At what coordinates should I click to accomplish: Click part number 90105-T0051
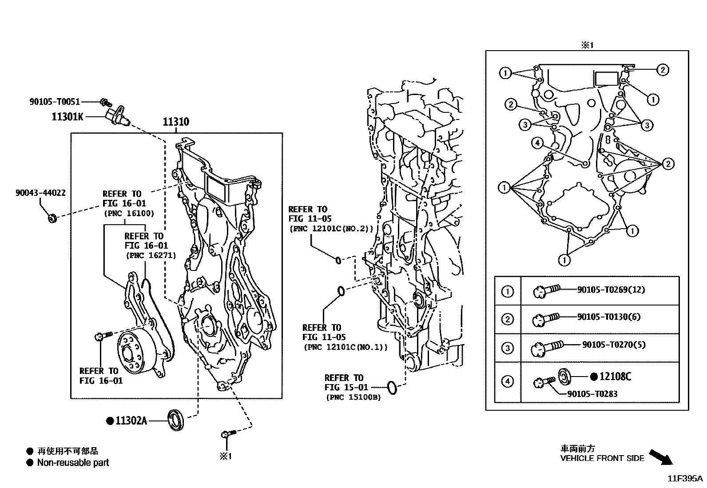pyautogui.click(x=55, y=102)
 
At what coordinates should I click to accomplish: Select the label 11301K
pyautogui.click(x=68, y=117)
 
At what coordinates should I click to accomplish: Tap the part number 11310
pyautogui.click(x=176, y=122)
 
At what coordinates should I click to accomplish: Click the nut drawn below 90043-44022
pyautogui.click(x=52, y=218)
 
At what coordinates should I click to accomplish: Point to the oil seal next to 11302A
pyautogui.click(x=175, y=420)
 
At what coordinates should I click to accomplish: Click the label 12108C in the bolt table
pyautogui.click(x=615, y=377)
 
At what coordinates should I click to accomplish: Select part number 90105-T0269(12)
pyautogui.click(x=611, y=290)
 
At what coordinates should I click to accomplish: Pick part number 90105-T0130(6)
pyautogui.click(x=609, y=317)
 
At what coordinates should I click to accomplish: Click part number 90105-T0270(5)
pyautogui.click(x=614, y=345)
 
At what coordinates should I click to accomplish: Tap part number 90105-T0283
pyautogui.click(x=592, y=394)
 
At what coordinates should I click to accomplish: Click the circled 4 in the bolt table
pyautogui.click(x=507, y=381)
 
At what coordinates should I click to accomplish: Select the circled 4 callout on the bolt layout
pyautogui.click(x=537, y=143)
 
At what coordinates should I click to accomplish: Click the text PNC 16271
pyautogui.click(x=151, y=255)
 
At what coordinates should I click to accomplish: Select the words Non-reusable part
pyautogui.click(x=73, y=463)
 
